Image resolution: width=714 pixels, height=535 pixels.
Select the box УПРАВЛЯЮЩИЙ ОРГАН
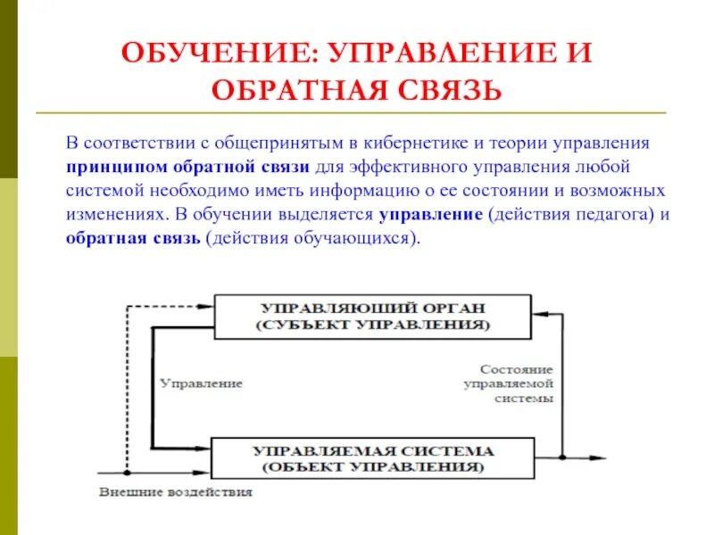[373, 316]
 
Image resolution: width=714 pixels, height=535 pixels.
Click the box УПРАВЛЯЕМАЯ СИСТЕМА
[373, 458]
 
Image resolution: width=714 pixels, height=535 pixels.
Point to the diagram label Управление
[201, 383]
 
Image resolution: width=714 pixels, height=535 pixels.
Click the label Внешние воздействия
[176, 491]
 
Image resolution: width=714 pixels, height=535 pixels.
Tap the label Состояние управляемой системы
[516, 383]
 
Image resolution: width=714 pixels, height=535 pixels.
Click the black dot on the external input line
[127, 475]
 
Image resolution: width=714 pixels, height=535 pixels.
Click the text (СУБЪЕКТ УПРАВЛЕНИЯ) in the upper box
[373, 325]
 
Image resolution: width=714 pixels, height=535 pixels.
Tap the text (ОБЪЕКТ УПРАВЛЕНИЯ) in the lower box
[373, 467]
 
